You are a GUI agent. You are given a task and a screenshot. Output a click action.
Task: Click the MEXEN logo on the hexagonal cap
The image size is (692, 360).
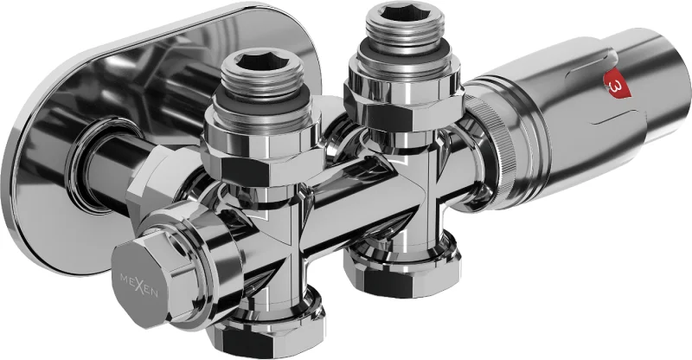pyautogui.click(x=139, y=286)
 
